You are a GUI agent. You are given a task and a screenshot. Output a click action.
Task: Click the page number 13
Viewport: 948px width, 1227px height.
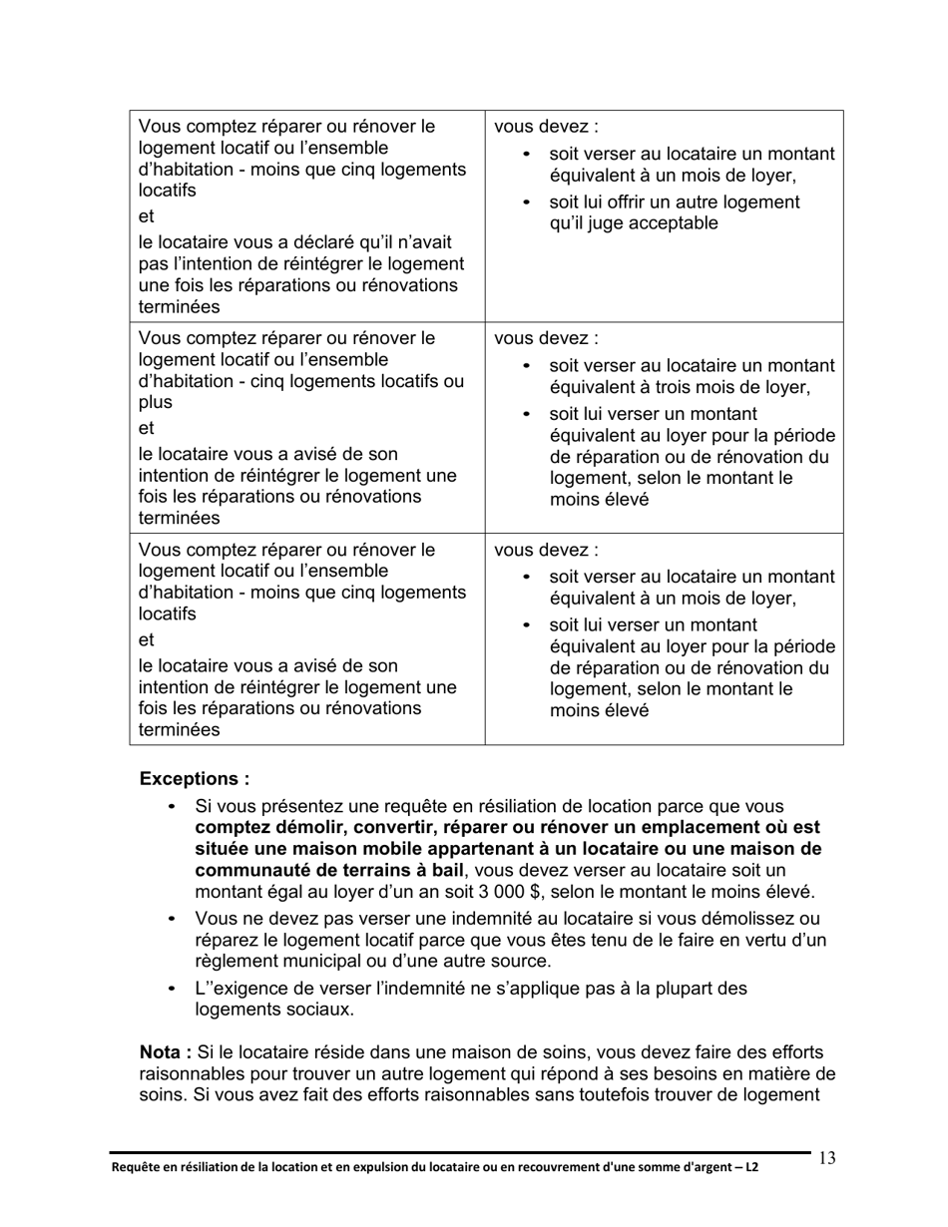(827, 1158)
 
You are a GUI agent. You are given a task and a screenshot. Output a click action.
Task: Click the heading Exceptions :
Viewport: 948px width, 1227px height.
(195, 778)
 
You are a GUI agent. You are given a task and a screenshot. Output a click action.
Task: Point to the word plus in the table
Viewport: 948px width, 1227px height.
(155, 402)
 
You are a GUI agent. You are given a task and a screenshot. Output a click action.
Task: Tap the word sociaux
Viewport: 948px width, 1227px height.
(319, 1010)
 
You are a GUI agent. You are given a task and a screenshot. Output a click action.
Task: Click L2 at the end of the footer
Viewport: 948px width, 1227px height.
(749, 1166)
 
